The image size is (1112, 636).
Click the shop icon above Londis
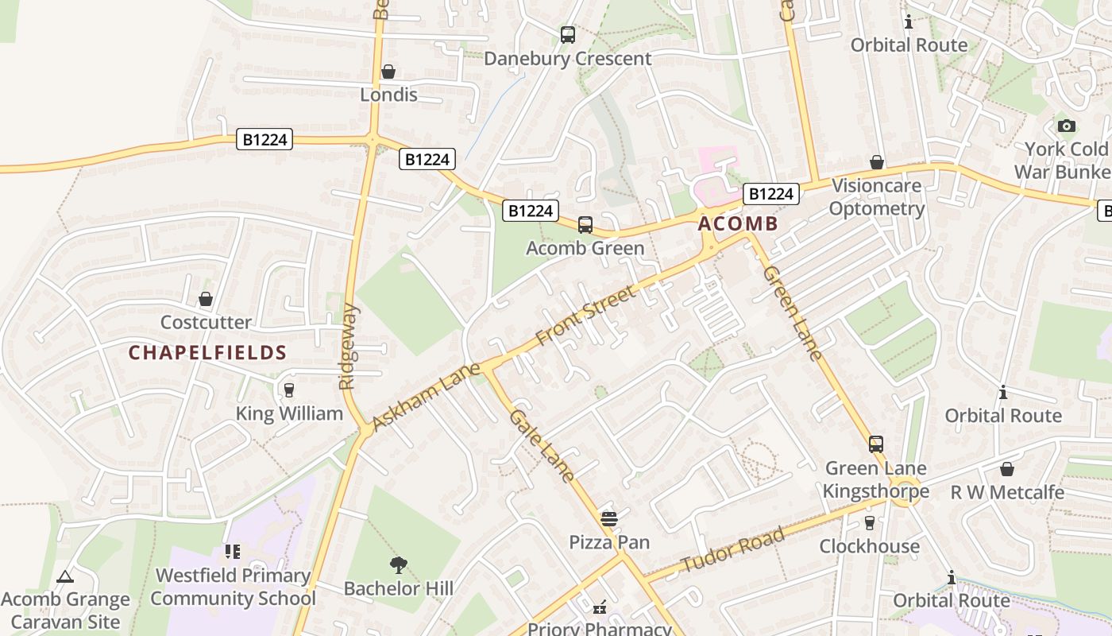[388, 72]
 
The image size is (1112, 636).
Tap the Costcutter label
[206, 322]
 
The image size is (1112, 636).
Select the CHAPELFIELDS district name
[207, 352]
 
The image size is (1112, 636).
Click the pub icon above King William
[288, 390]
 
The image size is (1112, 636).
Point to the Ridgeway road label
[349, 347]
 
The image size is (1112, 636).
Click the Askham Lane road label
[426, 397]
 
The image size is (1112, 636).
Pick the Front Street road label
[586, 316]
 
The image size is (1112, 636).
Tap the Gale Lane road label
[542, 445]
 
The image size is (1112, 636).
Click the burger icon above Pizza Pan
[609, 519]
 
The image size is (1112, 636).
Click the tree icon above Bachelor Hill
[399, 565]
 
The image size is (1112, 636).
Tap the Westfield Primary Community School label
[233, 587]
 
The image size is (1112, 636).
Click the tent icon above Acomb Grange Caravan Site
[65, 576]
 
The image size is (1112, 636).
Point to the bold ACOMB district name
[738, 224]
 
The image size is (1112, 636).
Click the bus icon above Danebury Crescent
[567, 34]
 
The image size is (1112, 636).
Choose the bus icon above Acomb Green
[585, 224]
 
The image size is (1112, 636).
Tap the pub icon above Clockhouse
[869, 522]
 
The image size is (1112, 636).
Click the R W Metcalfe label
[1007, 492]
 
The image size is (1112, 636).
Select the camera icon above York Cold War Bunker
[1066, 126]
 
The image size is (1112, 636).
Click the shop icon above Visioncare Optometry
[877, 162]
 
